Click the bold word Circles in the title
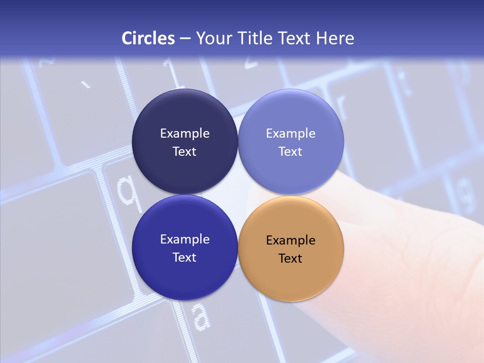(148, 38)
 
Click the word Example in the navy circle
(185, 134)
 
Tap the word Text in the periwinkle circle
(290, 152)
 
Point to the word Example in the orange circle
(290, 240)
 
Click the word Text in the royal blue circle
(185, 258)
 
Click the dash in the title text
(185, 38)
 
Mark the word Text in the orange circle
(290, 259)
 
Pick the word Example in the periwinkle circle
(290, 134)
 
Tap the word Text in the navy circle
(185, 152)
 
